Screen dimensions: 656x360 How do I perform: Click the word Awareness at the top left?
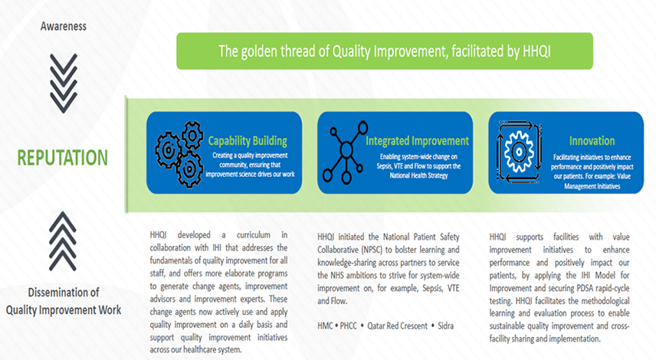click(64, 26)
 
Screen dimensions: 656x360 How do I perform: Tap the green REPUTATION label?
click(62, 158)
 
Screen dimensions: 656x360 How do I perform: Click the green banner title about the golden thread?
click(385, 51)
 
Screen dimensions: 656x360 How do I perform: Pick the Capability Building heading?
click(248, 141)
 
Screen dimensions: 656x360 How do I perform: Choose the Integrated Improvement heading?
click(417, 141)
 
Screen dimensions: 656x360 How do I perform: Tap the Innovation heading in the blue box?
click(592, 141)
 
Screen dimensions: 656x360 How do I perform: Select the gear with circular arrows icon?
click(519, 152)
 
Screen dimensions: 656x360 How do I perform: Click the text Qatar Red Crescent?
click(398, 326)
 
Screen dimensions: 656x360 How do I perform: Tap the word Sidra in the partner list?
click(445, 326)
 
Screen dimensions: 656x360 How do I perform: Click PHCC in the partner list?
click(349, 326)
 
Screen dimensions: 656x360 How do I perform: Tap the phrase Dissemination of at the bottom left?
click(64, 293)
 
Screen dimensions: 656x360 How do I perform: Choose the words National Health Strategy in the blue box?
click(418, 175)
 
